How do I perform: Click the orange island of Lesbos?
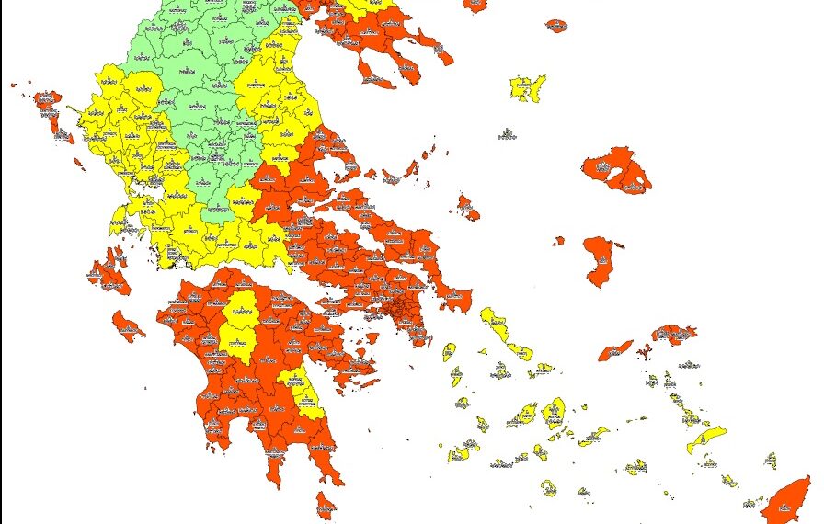[x=618, y=170]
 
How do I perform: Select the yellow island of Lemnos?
[x=527, y=88]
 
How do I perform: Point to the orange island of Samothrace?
[x=556, y=25]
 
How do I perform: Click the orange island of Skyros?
[x=468, y=209]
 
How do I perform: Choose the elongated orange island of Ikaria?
[x=616, y=350]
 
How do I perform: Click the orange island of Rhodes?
[x=788, y=501]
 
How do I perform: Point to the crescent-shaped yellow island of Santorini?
[x=548, y=487]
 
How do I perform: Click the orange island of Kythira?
[x=326, y=505]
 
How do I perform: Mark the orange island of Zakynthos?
[x=128, y=325]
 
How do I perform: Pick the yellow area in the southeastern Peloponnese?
[x=309, y=395]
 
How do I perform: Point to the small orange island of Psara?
[x=559, y=241]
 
